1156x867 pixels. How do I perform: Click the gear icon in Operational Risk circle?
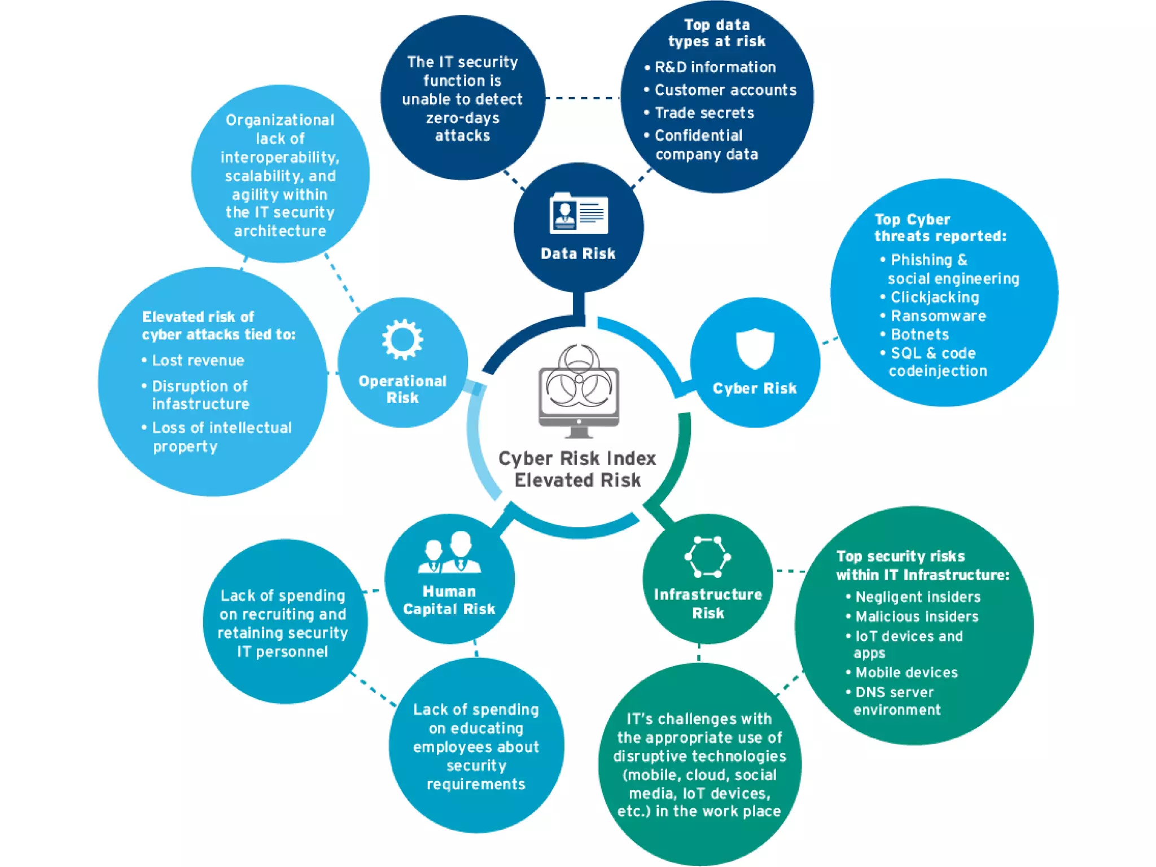click(x=402, y=339)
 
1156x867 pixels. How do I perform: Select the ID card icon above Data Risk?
click(x=579, y=214)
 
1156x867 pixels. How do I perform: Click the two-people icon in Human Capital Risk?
click(x=450, y=553)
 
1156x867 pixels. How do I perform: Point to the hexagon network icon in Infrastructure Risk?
click(x=707, y=557)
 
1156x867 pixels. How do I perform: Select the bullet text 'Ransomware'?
click(x=938, y=316)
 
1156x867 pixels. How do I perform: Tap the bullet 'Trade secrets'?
click(x=704, y=113)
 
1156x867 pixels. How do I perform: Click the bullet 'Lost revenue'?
click(x=198, y=361)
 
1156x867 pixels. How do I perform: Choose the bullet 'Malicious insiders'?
click(x=916, y=616)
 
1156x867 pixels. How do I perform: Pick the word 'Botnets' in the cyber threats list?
click(x=919, y=335)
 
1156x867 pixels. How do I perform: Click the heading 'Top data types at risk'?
click(x=716, y=33)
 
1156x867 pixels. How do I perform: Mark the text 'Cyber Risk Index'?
click(x=577, y=458)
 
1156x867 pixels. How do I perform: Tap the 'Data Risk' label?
click(x=578, y=253)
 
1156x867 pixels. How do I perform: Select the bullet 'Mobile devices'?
click(x=906, y=672)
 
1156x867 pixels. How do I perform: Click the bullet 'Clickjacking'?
click(x=934, y=297)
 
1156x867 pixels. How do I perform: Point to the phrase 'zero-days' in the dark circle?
click(x=462, y=118)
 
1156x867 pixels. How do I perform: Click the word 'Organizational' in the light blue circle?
click(x=280, y=120)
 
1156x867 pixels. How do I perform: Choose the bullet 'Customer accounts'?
click(x=725, y=90)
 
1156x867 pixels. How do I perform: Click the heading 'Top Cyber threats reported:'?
click(x=940, y=227)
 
